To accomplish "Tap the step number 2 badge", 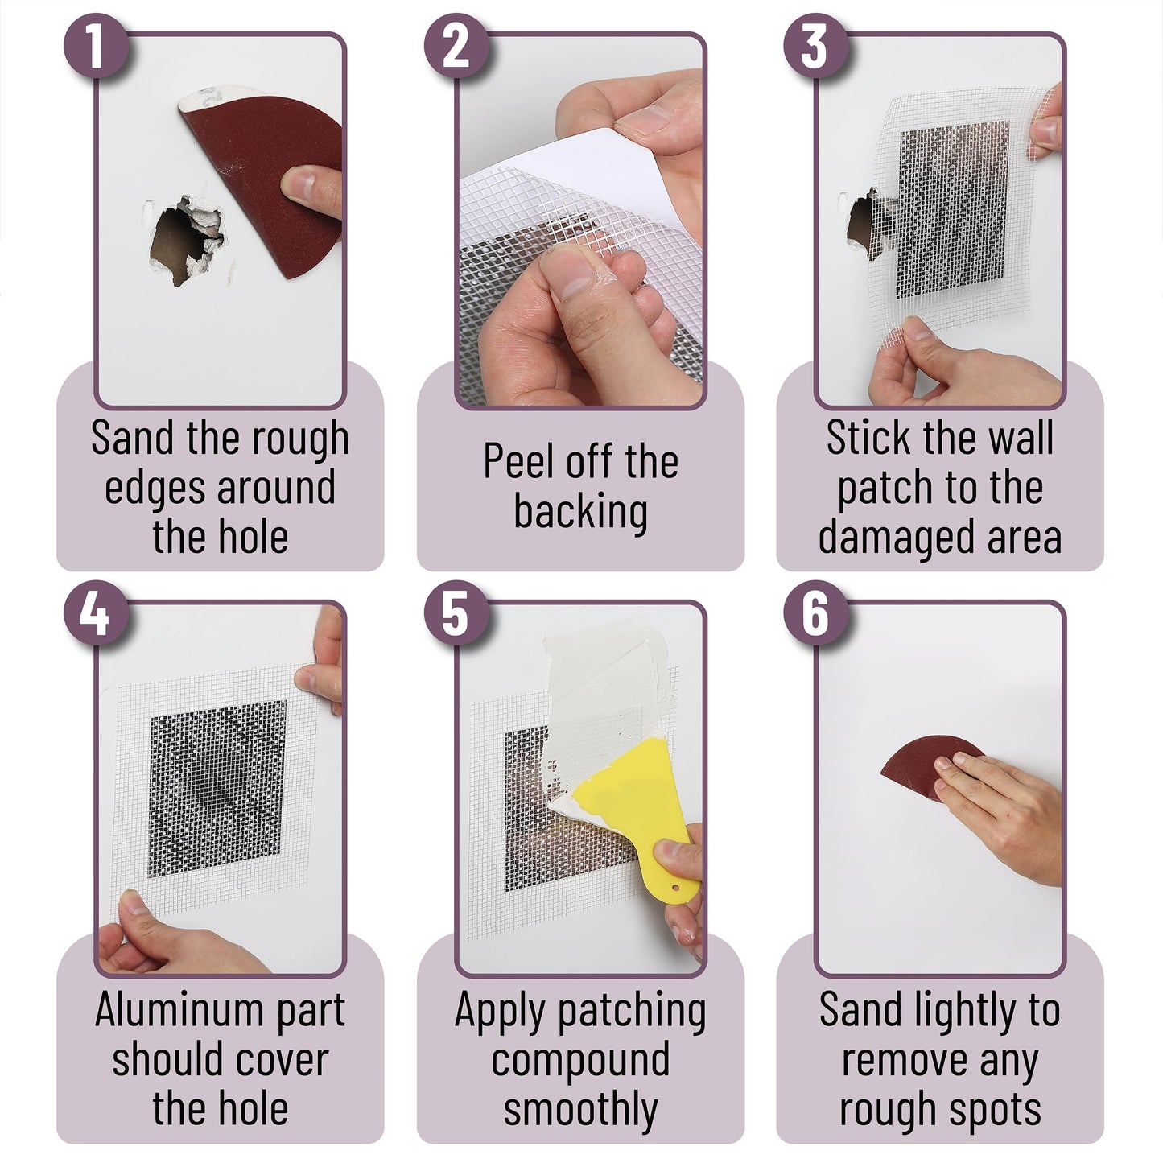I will (456, 46).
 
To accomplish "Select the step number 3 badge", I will (815, 46).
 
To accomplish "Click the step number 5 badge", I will (456, 615).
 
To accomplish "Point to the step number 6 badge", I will (815, 615).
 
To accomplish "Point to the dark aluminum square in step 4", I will (217, 789).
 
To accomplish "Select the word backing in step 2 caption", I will (580, 512).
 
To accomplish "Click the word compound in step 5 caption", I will (580, 1060).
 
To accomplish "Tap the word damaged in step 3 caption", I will (890, 537).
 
